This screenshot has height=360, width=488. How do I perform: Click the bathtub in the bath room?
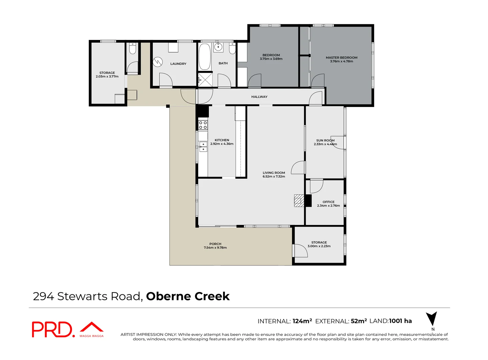point(205,57)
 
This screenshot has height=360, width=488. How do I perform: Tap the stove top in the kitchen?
point(202,125)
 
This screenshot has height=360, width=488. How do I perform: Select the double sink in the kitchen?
point(203,146)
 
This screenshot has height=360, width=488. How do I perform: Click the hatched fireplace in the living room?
point(299,201)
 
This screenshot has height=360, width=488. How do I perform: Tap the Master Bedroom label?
point(342,58)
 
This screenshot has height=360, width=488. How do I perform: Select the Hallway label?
point(259,97)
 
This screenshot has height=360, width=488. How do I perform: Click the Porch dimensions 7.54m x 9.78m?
point(215,247)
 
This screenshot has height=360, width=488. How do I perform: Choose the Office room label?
point(328,202)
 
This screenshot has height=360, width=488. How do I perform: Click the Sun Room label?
point(325,140)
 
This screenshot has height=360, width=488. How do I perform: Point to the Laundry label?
point(178,64)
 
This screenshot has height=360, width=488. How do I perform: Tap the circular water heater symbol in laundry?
point(158,62)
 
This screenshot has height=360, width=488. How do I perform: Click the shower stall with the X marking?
point(205,79)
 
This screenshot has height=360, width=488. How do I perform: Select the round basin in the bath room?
point(218,47)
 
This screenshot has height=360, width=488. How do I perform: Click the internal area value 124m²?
point(302,321)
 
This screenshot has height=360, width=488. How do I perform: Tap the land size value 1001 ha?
point(400,321)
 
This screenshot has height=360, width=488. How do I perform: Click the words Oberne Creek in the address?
point(188,296)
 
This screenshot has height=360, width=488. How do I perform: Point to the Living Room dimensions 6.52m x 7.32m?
point(274,176)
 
